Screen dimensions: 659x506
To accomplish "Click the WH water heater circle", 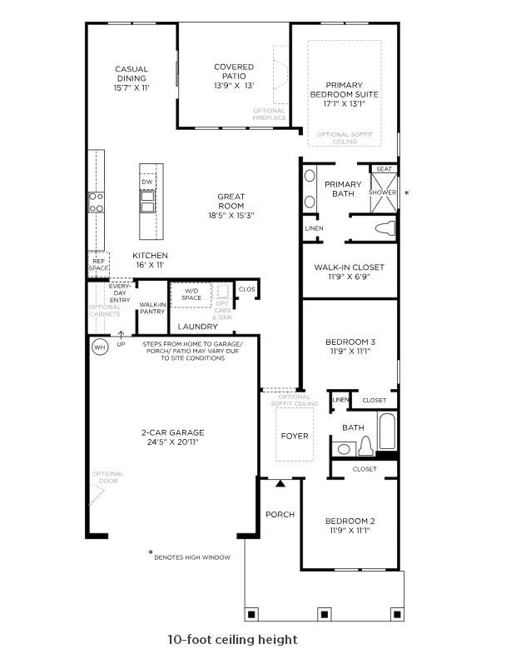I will point(99,347).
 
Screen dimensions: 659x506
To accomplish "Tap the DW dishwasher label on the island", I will point(146,182).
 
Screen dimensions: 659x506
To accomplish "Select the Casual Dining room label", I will point(131,73).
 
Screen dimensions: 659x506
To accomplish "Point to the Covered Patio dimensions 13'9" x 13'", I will point(233,86).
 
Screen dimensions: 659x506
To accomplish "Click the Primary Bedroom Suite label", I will point(345,89).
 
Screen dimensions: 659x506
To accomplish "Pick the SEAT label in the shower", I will point(384,169).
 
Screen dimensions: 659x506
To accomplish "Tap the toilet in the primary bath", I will point(384,227).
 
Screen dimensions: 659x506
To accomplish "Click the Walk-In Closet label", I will point(349,267).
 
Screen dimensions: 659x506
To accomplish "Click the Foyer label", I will point(294,436).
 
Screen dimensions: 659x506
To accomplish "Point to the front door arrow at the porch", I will point(280,482).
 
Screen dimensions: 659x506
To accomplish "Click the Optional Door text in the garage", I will point(107,477).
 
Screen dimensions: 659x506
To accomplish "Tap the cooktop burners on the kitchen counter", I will point(97,202).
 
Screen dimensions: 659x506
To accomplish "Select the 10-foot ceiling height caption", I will point(231,640).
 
